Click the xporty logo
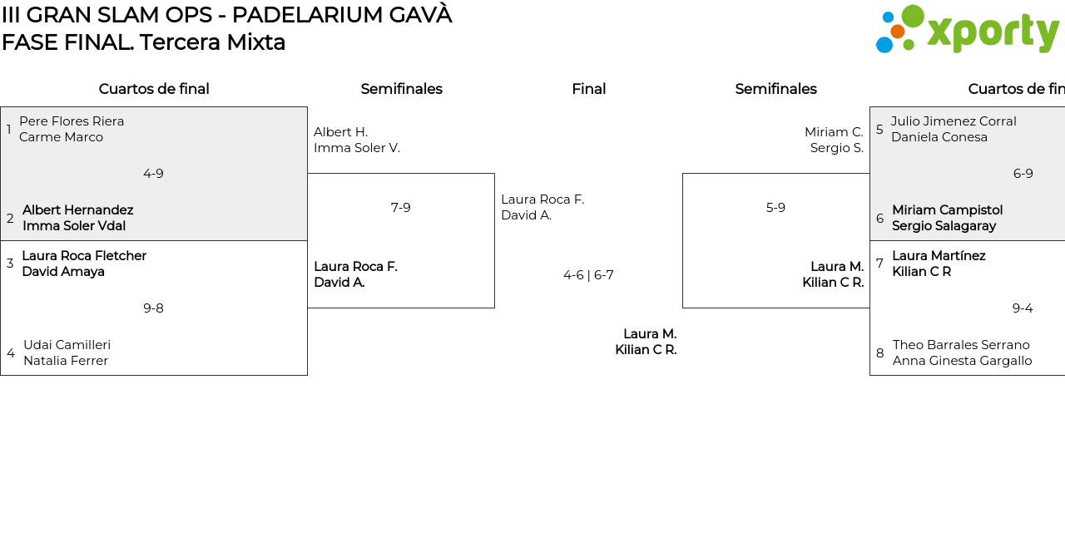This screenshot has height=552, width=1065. click(967, 30)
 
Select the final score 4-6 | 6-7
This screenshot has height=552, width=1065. click(588, 275)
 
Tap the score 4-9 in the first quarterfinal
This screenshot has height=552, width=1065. click(153, 174)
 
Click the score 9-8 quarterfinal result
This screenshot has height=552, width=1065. click(153, 308)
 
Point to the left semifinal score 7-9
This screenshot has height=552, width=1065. click(401, 208)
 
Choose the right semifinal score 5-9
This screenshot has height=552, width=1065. click(775, 208)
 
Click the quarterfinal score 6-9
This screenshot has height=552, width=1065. click(1023, 174)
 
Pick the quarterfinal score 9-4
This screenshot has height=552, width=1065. click(1023, 308)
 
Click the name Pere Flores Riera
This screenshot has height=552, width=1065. click(72, 121)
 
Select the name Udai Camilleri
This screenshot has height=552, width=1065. click(67, 345)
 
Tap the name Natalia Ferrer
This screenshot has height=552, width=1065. click(66, 361)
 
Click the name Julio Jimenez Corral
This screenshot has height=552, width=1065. click(954, 121)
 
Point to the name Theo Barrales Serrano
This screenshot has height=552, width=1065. click(961, 345)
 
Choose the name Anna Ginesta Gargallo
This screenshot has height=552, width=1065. click(962, 361)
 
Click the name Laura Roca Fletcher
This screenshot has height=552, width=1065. click(84, 256)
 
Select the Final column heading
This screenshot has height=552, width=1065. click(588, 89)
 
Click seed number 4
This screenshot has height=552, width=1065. click(11, 353)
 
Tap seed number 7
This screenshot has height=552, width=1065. click(879, 264)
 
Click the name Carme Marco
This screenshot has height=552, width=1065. click(61, 137)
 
